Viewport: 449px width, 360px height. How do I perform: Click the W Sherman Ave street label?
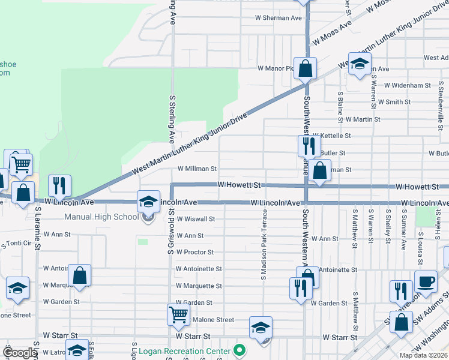[279, 18]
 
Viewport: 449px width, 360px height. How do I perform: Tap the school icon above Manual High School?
[148, 202]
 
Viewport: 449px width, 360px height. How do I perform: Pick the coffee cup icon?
[426, 282]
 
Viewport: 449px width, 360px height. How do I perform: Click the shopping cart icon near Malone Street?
[178, 314]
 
